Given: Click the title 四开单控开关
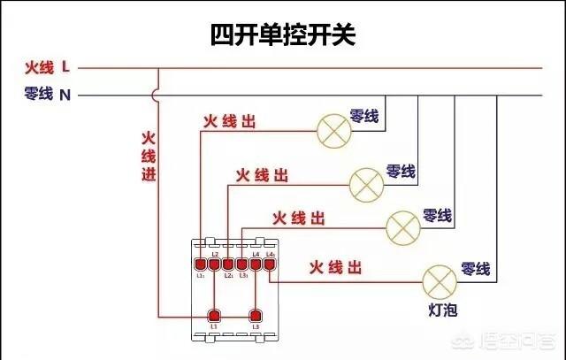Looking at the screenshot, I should pyautogui.click(x=283, y=34).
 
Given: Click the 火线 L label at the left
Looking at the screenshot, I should pyautogui.click(x=49, y=67).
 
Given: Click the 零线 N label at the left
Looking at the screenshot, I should pyautogui.click(x=49, y=93).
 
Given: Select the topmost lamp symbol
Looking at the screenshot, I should pyautogui.click(x=333, y=131).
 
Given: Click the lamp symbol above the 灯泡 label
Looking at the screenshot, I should pyautogui.click(x=438, y=280).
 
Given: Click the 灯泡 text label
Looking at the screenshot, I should pyautogui.click(x=440, y=311).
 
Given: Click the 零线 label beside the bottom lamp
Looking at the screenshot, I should pyautogui.click(x=475, y=270).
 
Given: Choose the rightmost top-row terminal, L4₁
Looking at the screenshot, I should pyautogui.click(x=270, y=263).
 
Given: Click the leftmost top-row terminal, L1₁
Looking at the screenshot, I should pyautogui.click(x=201, y=263).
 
